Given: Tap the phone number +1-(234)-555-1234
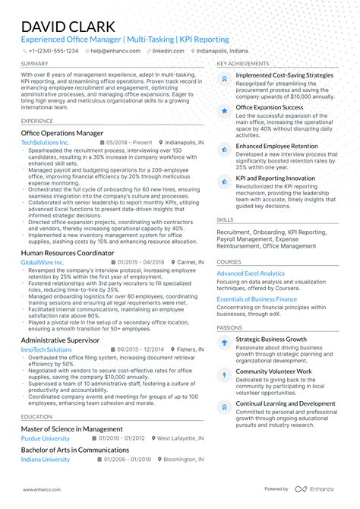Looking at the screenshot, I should point(52,50).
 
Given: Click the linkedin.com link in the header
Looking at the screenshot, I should point(162,50).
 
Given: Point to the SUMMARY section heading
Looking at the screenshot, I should point(35,64).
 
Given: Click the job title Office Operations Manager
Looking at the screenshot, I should point(62,132).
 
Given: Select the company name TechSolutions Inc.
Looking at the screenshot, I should point(45,142).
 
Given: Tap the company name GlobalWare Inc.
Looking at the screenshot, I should point(43,262).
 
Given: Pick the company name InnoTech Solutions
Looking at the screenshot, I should point(46,349).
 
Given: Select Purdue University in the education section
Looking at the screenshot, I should point(46,438).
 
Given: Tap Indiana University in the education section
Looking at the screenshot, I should point(46,460).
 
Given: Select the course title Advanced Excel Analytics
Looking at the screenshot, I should point(251,273).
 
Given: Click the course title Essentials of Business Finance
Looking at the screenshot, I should point(257,300).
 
